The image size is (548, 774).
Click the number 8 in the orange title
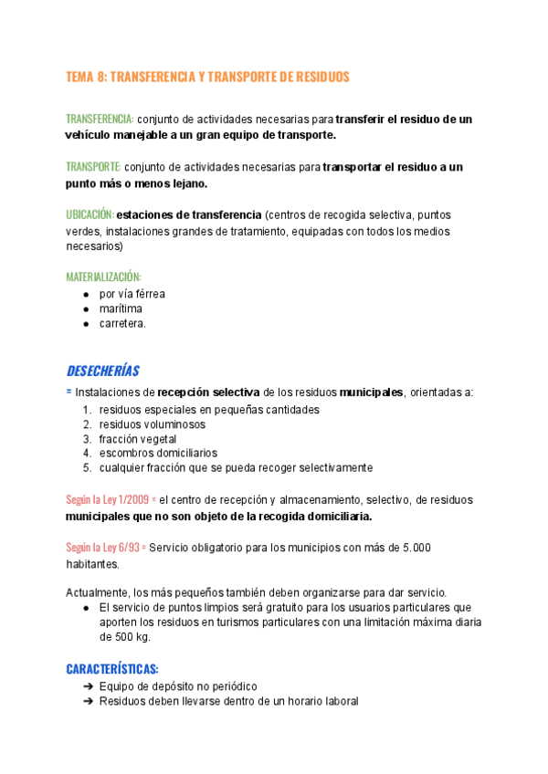click(101, 78)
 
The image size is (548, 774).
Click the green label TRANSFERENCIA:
click(100, 120)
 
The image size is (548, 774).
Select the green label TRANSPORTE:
click(93, 167)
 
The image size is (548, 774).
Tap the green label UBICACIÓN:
click(90, 214)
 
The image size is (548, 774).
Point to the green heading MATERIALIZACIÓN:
click(103, 277)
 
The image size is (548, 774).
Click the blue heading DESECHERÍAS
click(102, 371)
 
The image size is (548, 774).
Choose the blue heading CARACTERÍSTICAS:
click(112, 667)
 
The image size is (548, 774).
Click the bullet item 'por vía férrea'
click(132, 294)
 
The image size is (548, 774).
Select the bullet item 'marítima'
click(121, 309)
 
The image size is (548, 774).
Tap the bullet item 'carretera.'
click(122, 323)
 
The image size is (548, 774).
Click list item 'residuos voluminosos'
click(152, 424)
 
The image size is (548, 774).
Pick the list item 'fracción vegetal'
click(138, 439)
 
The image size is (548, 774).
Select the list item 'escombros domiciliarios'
click(158, 453)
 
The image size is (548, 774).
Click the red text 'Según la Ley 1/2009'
click(107, 500)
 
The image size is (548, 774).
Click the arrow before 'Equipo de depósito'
click(88, 686)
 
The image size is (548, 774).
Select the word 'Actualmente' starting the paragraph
click(98, 591)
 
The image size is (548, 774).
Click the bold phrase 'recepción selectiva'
click(209, 392)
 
